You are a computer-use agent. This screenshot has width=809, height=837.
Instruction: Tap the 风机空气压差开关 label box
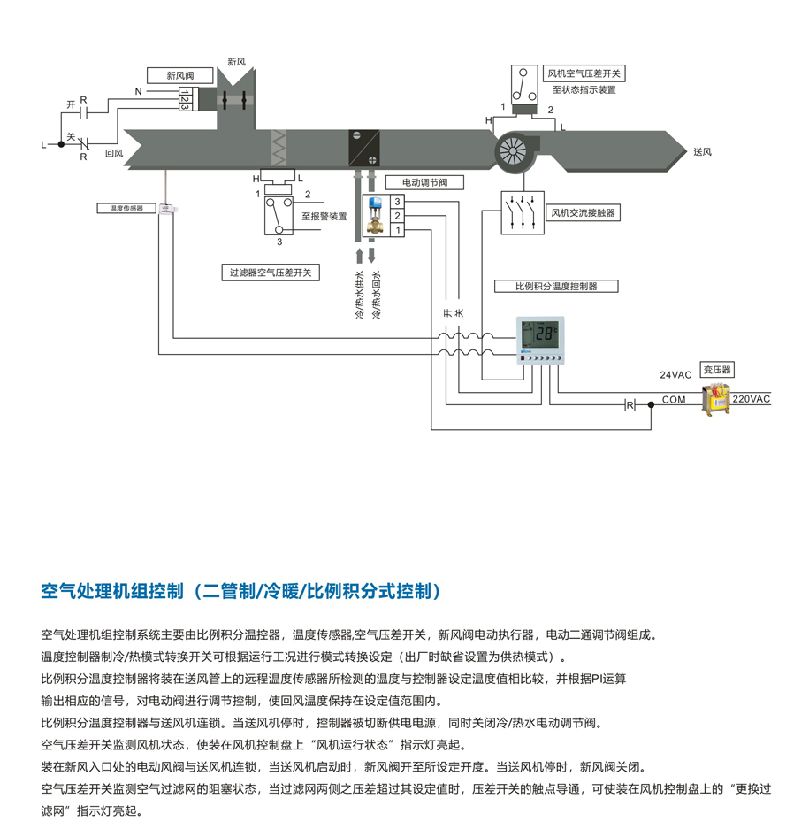coord(584,73)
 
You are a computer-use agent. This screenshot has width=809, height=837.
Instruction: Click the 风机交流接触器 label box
coord(583,213)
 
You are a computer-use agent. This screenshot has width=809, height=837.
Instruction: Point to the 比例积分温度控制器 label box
coord(556,286)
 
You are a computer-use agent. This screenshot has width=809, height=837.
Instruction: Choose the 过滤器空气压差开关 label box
coord(271,273)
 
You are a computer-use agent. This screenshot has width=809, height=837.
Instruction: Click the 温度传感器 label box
coord(126,208)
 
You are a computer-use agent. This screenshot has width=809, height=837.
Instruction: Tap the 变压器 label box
coord(718,369)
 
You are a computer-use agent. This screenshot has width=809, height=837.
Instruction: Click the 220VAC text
coord(752,399)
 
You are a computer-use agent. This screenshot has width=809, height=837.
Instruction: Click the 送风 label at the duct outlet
coord(702,152)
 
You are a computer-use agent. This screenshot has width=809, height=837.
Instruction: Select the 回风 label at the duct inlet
coord(113,153)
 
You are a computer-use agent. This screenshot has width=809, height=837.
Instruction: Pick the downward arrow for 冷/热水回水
coord(375,258)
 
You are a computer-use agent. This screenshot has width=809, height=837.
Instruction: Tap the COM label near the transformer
coord(674,400)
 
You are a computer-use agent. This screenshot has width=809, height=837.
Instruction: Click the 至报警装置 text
coord(324,215)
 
